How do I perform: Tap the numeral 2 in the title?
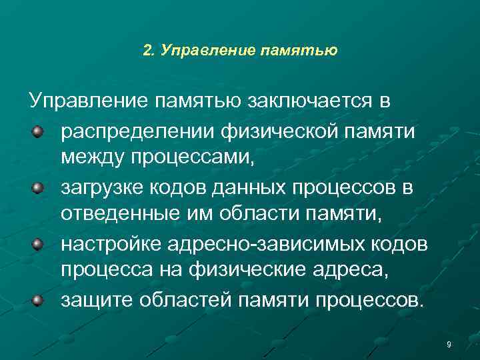[x=147, y=50]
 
